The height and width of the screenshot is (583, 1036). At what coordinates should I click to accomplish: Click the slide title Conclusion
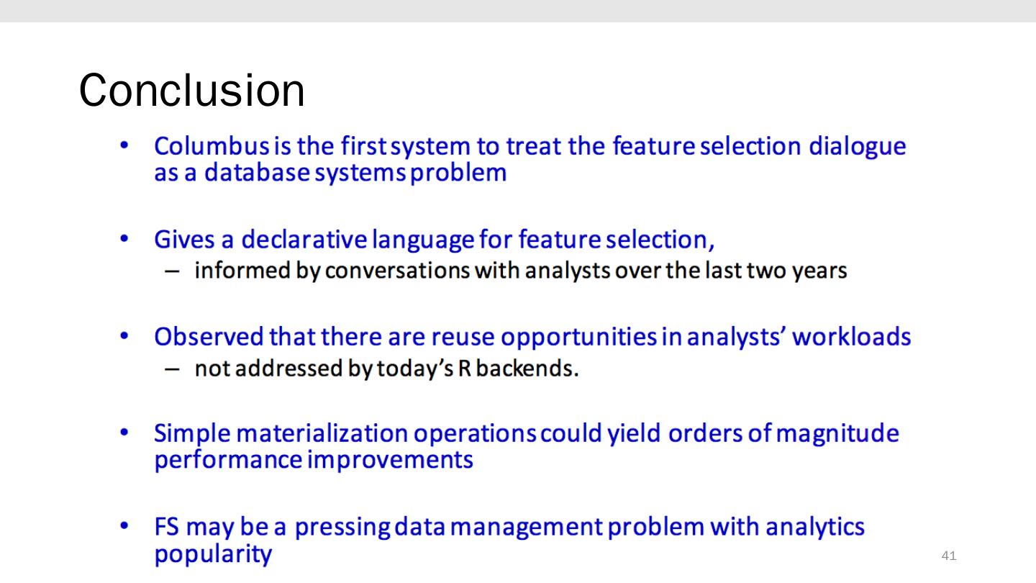point(192,90)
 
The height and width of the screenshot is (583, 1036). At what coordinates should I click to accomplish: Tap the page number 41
point(948,555)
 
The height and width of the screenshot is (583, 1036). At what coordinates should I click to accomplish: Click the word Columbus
point(212,146)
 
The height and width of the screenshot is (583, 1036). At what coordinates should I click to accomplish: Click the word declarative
point(304,240)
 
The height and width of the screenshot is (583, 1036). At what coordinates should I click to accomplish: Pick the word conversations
point(397,271)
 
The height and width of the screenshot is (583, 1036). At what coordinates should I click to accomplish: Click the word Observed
point(209,336)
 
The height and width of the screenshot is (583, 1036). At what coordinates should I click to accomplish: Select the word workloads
point(852,336)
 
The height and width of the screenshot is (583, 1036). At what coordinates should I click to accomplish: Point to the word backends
point(527,369)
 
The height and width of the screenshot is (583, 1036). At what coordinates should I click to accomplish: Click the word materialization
point(322,433)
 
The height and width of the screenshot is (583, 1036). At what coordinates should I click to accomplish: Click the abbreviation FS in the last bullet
point(166,527)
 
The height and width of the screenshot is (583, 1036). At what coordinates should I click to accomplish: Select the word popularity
point(213,555)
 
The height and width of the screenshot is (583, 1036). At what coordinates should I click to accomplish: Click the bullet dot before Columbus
point(124,145)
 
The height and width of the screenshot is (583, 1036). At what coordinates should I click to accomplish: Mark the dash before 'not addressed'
point(172,369)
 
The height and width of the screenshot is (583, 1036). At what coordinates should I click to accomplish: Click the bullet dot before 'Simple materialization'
point(124,433)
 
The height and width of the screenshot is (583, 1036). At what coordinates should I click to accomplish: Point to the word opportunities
point(578,338)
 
